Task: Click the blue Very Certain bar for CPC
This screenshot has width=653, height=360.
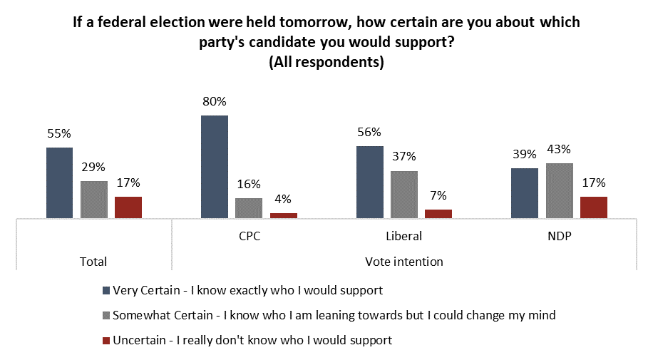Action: click(x=214, y=166)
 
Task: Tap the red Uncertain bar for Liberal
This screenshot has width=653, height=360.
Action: click(x=438, y=213)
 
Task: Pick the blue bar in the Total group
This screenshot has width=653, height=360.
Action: click(x=59, y=182)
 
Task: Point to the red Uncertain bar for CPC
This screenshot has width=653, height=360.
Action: click(x=283, y=215)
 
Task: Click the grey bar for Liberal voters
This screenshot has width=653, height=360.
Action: click(x=403, y=194)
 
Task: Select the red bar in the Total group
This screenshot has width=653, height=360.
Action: click(x=128, y=207)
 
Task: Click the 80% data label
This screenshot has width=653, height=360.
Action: click(x=214, y=101)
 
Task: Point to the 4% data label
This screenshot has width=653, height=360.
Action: click(x=283, y=200)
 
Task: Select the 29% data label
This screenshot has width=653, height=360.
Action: click(x=93, y=167)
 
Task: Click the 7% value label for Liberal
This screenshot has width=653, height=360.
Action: click(x=438, y=196)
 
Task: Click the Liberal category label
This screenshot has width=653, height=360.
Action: click(x=403, y=236)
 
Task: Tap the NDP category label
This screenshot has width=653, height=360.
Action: click(x=558, y=236)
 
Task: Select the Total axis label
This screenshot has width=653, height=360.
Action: click(x=93, y=262)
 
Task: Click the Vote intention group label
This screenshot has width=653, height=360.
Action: click(x=403, y=262)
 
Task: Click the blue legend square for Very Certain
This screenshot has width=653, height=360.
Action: click(x=106, y=291)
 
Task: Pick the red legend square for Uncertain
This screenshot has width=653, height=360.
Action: click(x=106, y=341)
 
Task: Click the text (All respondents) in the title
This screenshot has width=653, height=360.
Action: click(x=326, y=63)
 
